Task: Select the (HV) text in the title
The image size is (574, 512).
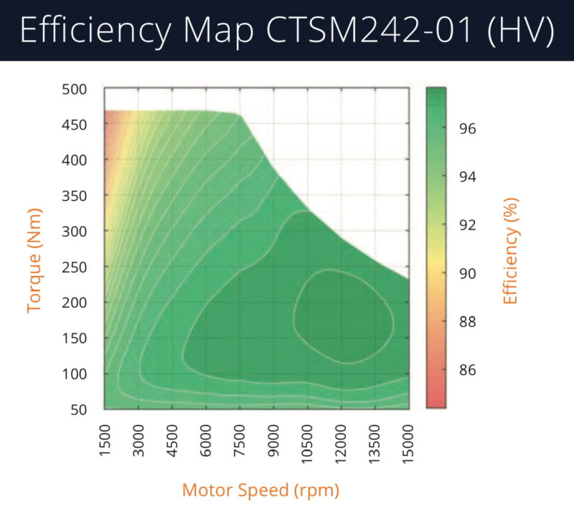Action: (517, 32)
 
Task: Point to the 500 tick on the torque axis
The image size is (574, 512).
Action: (75, 90)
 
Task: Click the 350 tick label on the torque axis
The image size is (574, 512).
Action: (75, 196)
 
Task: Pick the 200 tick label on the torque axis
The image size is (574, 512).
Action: (75, 303)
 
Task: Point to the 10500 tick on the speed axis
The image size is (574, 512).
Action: (308, 441)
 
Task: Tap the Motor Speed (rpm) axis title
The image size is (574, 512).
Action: (260, 490)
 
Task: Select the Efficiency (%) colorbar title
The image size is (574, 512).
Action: (510, 250)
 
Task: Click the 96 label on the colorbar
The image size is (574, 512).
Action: (466, 129)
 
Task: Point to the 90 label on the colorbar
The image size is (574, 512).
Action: (466, 274)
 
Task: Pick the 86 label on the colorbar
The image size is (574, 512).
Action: (466, 371)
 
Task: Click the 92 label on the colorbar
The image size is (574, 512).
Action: (466, 225)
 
